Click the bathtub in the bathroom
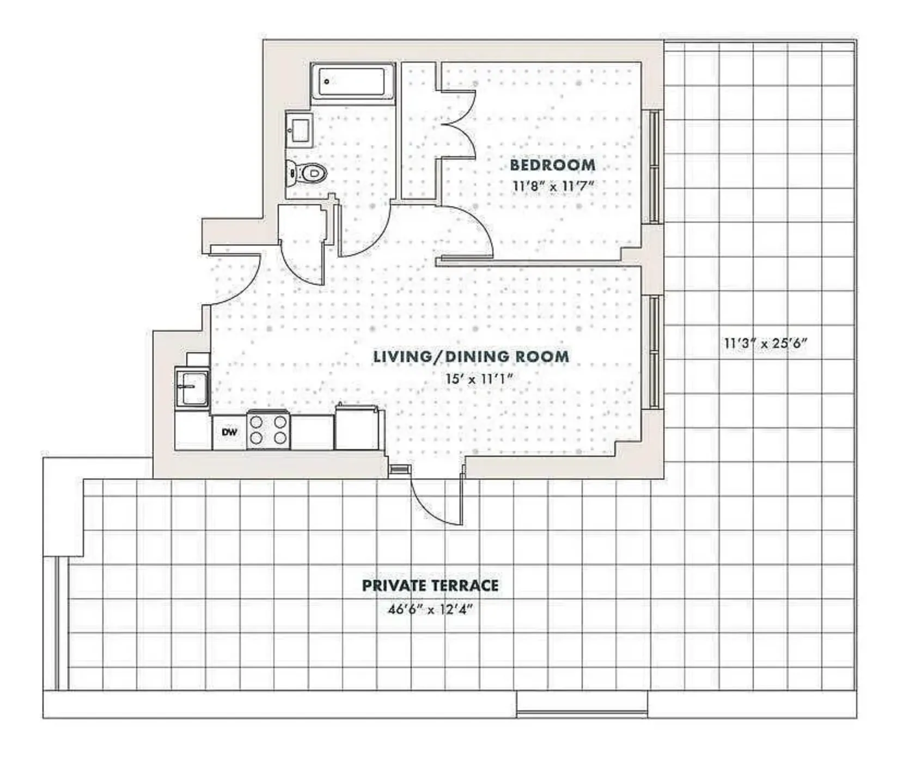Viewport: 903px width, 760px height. pos(353,82)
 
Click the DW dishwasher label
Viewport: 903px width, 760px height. pos(230,432)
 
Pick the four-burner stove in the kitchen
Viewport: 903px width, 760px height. pos(268,430)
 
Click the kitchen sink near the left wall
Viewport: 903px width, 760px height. pos(192,387)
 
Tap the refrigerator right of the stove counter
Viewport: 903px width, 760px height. pos(356,428)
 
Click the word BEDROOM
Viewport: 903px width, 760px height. pos(552,164)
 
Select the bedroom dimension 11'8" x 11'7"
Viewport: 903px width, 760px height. pos(552,186)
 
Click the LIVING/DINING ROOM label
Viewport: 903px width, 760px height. pos(471,357)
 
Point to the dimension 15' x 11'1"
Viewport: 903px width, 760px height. pos(479,378)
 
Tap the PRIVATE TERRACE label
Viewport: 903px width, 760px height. pos(430,585)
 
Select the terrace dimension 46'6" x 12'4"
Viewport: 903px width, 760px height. pos(430,609)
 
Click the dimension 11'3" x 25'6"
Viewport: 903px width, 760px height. pos(765,344)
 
